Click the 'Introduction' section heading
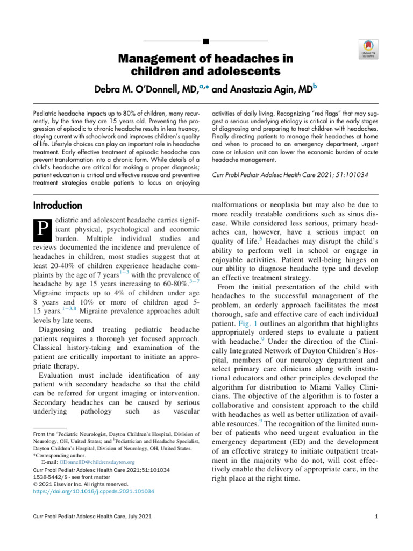[x=58, y=206]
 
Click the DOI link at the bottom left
[x=94, y=491]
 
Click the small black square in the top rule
[x=206, y=41]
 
